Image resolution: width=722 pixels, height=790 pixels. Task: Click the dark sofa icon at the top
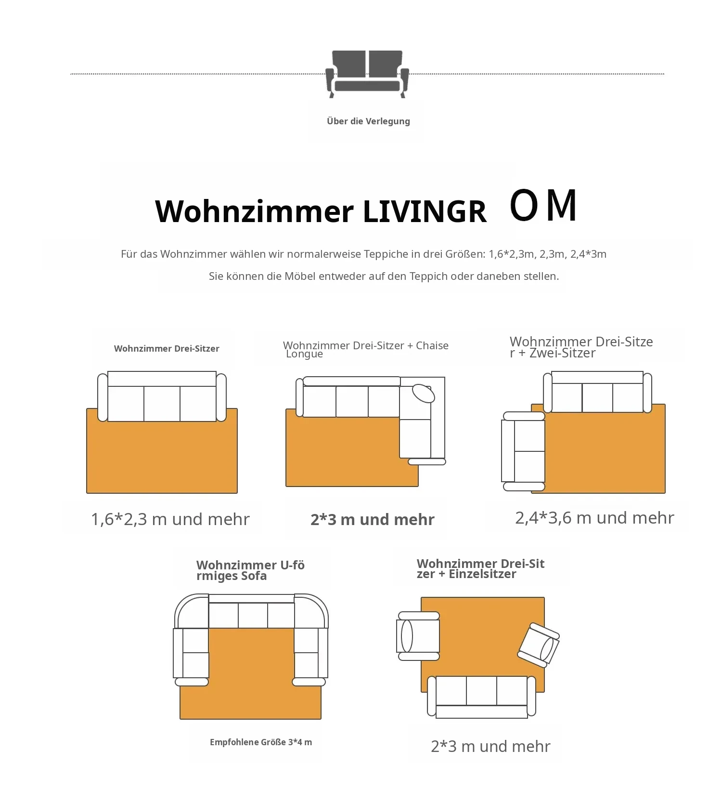point(367,74)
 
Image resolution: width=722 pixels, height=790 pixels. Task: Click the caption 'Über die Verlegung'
point(368,121)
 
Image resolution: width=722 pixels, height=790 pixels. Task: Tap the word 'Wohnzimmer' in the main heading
point(254,211)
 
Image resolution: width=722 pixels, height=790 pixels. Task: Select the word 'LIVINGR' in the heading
point(425,211)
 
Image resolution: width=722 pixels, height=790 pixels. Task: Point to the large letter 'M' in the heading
point(562,205)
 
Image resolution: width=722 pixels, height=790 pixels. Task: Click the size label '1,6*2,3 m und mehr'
point(170,519)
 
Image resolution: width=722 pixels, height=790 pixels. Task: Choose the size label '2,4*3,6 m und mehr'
point(594,517)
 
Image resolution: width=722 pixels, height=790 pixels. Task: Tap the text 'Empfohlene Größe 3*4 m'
point(261,742)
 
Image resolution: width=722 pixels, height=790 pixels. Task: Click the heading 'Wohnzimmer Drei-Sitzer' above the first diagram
point(167,348)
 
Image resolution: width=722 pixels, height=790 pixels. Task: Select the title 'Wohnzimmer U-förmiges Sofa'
point(250,570)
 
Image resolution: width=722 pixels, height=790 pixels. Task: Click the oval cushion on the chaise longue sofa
point(424,393)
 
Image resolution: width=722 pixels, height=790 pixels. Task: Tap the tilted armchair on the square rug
point(539,645)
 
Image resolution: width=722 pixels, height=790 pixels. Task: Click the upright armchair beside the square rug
point(418,636)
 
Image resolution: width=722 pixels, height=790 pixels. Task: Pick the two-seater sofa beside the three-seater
point(523,451)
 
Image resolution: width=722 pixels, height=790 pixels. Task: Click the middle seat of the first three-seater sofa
point(162,404)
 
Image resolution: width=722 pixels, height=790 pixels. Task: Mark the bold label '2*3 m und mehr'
point(373,519)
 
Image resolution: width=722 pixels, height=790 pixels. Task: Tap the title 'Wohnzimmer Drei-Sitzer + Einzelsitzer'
point(480,568)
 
